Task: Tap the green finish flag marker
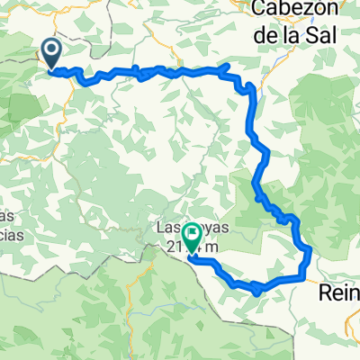[191, 238]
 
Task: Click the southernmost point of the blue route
[258, 292]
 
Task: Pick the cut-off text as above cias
[8, 217]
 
